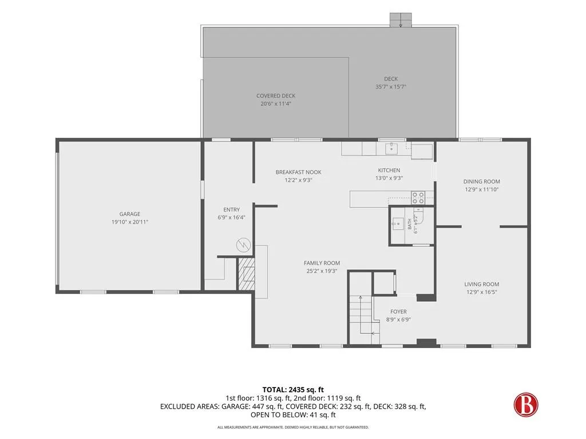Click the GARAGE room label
[x=130, y=214]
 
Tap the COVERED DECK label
[x=276, y=96]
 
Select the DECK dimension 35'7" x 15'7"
[x=391, y=87]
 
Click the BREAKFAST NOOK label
[x=298, y=172]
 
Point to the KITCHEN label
[x=389, y=170]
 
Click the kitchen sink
[x=391, y=148]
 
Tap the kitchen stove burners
[x=418, y=198]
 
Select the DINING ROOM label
[x=482, y=181]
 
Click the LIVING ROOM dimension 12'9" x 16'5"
[x=482, y=292]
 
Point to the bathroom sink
[x=397, y=224]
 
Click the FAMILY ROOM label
[x=322, y=263]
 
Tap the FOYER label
[x=398, y=312]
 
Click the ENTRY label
[x=232, y=210]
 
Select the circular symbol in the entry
[x=243, y=245]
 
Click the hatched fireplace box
[x=246, y=274]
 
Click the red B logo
[x=526, y=405]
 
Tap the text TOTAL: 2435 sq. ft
[x=293, y=390]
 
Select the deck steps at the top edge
[x=401, y=20]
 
